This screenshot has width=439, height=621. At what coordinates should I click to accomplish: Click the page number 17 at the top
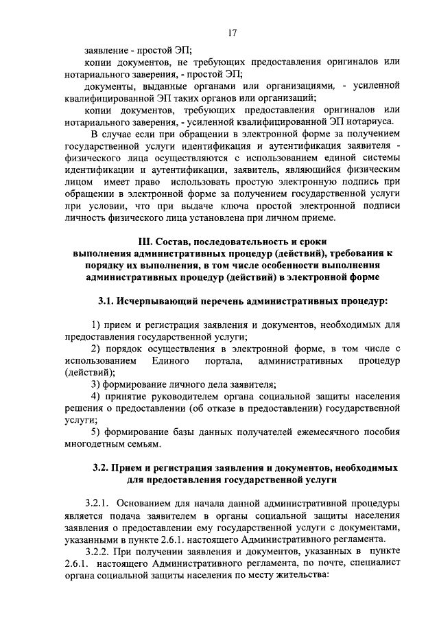[233, 32]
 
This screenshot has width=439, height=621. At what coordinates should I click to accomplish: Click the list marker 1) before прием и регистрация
[97, 325]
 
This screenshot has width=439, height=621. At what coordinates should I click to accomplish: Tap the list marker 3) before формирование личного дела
[97, 384]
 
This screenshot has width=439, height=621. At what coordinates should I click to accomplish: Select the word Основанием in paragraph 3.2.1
[155, 503]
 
